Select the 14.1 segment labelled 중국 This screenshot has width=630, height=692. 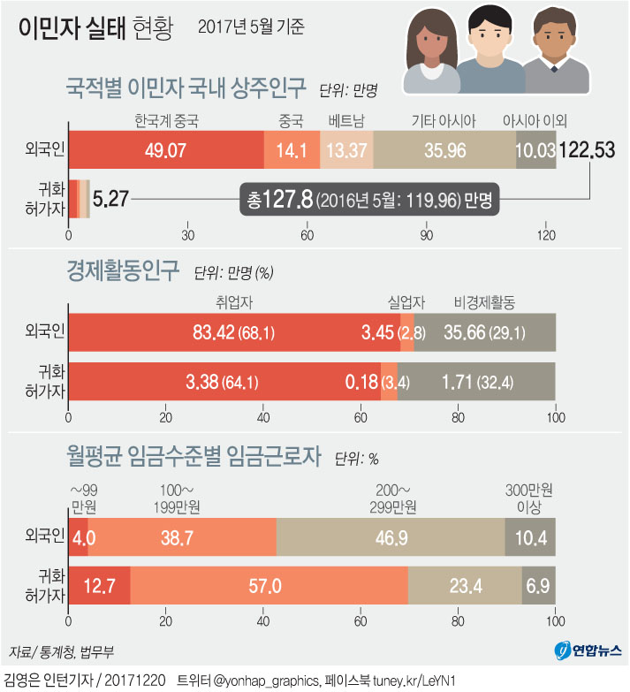pos(292,149)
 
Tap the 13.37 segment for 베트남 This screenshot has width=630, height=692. pos(346,149)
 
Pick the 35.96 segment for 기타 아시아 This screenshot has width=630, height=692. pos(444,149)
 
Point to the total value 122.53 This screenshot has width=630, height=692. pos(587,149)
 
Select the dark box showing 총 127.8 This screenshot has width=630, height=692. pos(369,200)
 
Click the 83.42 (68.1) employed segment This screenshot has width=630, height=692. pos(233,333)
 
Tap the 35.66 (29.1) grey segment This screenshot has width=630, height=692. pos(484,333)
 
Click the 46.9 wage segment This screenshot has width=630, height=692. pos(390,536)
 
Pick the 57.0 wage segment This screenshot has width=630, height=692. pos(269,586)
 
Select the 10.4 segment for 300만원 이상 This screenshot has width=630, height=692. pos(530,536)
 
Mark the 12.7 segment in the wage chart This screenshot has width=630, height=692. pos(99,586)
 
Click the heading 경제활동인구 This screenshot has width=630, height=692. pos(123,267)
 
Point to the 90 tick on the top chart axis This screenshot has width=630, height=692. pos(427,235)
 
